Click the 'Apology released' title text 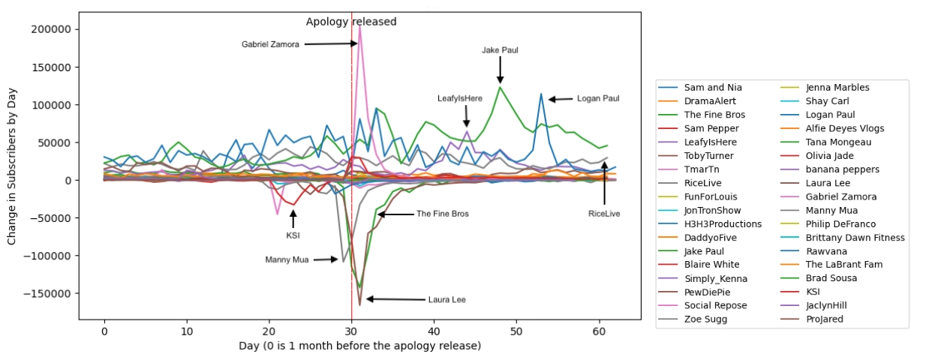tap(351, 22)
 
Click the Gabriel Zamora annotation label tap(270, 44)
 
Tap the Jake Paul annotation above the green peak tap(500, 50)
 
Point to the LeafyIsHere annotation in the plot tap(460, 98)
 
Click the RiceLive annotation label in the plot tap(604, 214)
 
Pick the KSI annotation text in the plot tap(293, 235)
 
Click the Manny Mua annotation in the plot tap(287, 260)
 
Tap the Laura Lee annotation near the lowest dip tap(446, 300)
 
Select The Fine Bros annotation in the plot tap(443, 214)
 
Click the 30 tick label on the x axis tap(351, 331)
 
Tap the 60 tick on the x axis tap(599, 331)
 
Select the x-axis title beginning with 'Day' tap(359, 346)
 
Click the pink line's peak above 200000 tap(360, 27)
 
